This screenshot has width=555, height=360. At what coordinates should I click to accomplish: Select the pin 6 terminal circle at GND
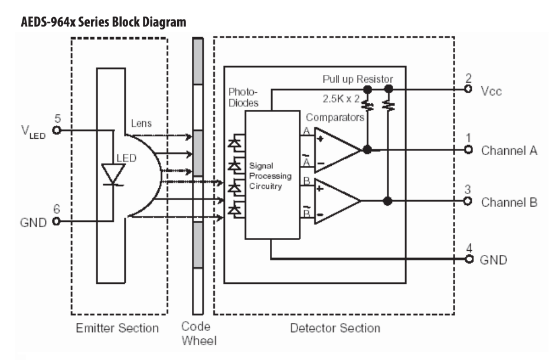tap(57, 222)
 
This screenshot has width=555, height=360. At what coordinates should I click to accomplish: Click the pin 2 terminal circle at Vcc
tap(468, 90)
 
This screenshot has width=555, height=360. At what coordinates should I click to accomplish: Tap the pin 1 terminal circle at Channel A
tap(468, 150)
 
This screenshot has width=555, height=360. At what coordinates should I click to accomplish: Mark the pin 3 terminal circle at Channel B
tap(468, 201)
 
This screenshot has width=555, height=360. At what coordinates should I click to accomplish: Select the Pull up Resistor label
tap(358, 79)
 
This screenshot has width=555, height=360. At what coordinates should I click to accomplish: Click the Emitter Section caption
tap(117, 328)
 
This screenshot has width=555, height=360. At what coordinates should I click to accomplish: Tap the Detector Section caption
tap(335, 328)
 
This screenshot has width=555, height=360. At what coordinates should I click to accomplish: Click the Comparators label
tap(335, 117)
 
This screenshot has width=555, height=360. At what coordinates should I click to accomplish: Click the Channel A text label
tap(509, 150)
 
